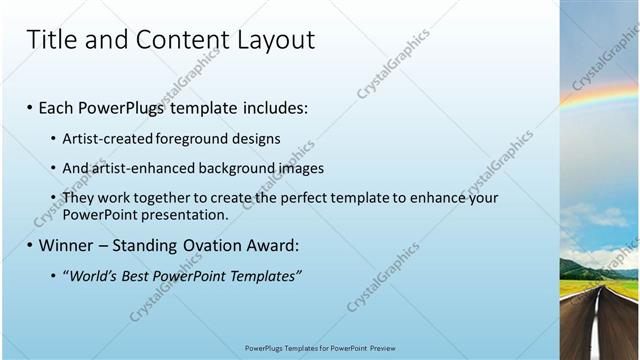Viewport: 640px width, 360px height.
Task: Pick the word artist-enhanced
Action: click(x=134, y=168)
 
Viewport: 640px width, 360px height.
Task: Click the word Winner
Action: click(x=68, y=245)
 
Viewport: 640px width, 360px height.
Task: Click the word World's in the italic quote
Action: click(x=92, y=276)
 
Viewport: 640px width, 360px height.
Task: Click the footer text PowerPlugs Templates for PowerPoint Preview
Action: click(x=320, y=348)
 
